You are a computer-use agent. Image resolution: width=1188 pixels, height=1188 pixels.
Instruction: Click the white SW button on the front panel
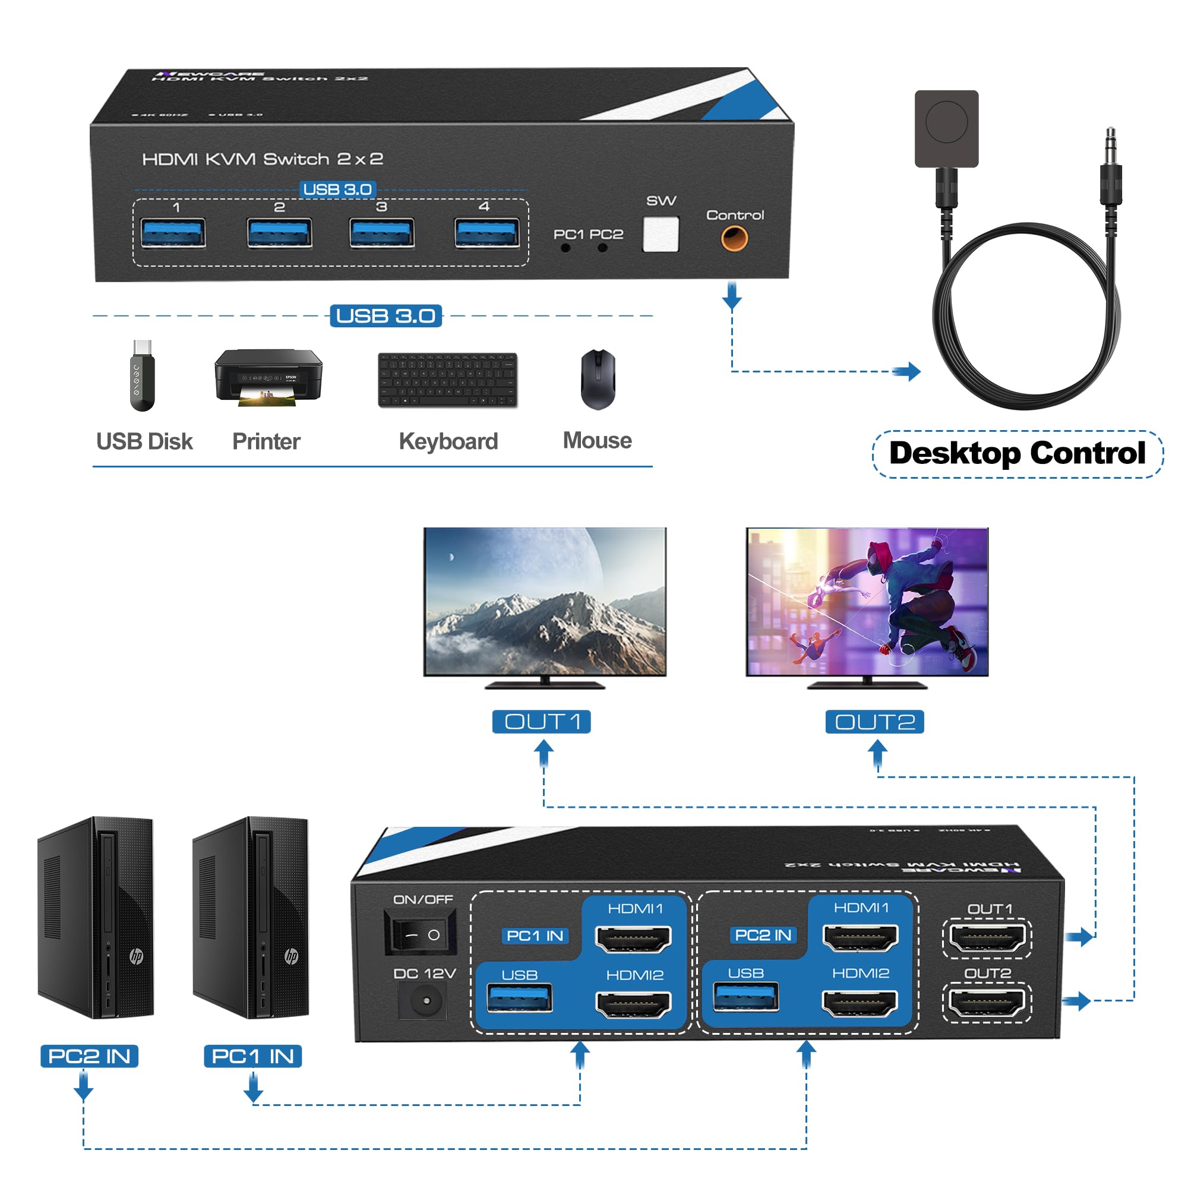point(661,234)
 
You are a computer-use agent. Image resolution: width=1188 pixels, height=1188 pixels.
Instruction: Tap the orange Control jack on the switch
point(734,238)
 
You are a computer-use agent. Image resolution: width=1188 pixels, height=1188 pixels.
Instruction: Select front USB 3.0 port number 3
point(381,233)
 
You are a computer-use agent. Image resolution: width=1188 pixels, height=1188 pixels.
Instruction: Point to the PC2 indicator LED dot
point(602,248)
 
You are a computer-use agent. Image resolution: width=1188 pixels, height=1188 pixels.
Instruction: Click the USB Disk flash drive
point(142,377)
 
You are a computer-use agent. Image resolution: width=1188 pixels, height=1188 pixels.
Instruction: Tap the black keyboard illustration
point(448,380)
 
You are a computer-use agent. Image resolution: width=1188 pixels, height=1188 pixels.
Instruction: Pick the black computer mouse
point(598,380)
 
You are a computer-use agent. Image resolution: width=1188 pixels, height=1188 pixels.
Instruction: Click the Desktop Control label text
point(1017,454)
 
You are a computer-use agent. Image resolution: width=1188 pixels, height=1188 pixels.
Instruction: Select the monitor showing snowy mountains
point(545,602)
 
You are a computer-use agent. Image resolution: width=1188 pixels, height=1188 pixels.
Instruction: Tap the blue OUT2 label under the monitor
point(874,722)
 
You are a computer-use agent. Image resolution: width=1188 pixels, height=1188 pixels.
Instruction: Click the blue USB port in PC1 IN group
point(520,999)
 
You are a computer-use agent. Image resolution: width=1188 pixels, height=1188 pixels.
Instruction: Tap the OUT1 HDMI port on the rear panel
point(987,939)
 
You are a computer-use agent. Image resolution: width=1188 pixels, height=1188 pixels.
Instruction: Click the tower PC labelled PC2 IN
point(96,918)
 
